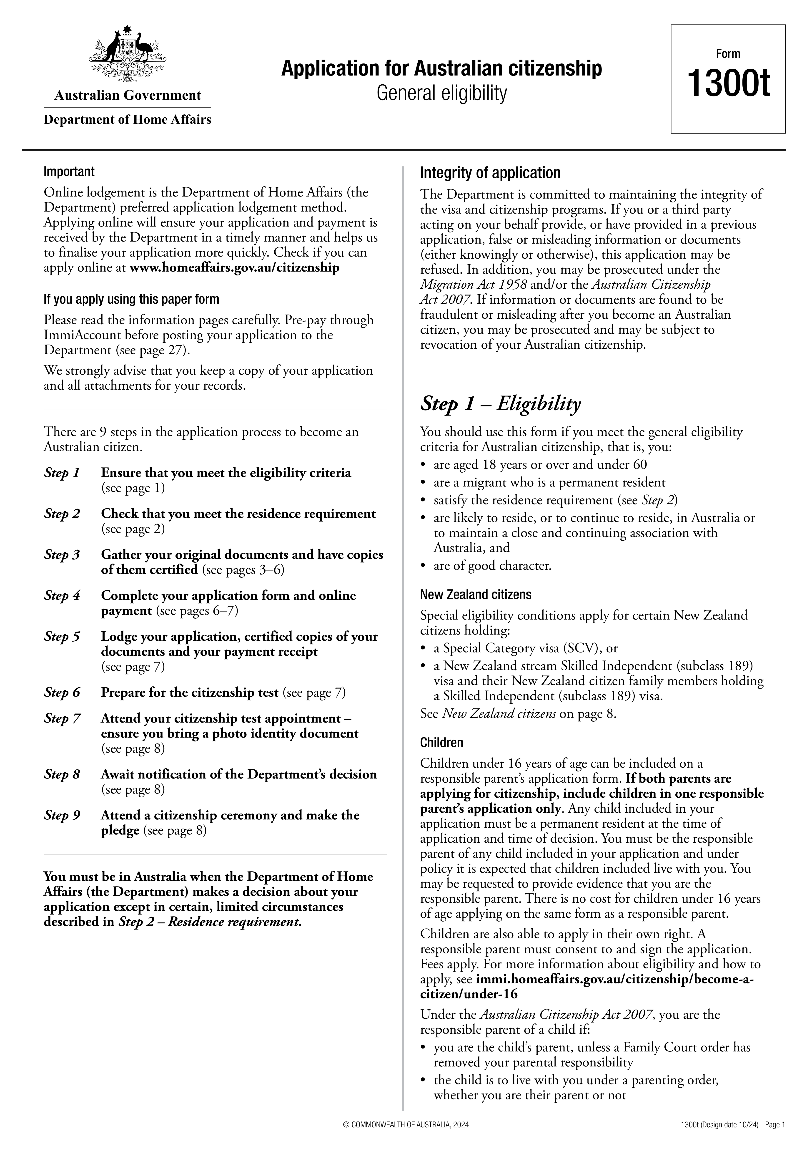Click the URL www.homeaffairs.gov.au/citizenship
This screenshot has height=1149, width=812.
(x=234, y=268)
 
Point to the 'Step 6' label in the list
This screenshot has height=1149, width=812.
(x=62, y=693)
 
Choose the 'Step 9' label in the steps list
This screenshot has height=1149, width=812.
(x=62, y=815)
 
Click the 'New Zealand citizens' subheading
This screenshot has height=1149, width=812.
(x=475, y=595)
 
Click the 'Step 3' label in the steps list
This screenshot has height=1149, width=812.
(x=62, y=555)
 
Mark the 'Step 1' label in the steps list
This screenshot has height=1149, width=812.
(x=62, y=473)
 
